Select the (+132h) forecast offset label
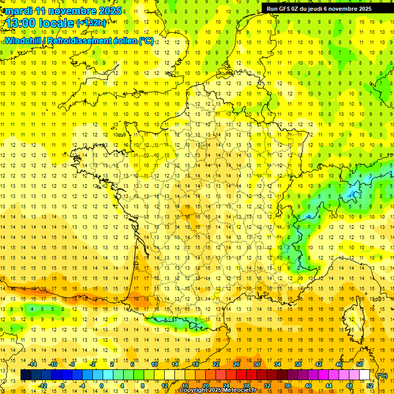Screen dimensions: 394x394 coord(91,23)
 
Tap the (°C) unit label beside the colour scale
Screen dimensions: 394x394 coord(382,376)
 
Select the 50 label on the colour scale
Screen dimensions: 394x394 coord(360,364)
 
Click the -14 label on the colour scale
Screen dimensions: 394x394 coord(33,364)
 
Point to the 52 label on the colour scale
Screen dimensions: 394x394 coord(370,386)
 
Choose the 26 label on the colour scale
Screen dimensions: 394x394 coord(237,364)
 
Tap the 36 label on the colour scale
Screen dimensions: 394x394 coord(288,386)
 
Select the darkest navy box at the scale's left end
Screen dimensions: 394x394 coord(26,375)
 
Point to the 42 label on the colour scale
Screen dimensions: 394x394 coord(319,364)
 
